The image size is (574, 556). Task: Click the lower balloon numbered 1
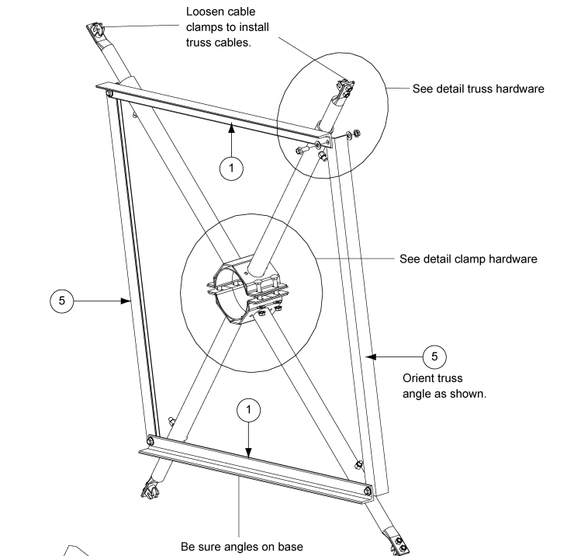tap(248, 408)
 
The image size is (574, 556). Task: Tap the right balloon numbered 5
tap(434, 356)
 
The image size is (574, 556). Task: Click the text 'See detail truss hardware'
tap(479, 89)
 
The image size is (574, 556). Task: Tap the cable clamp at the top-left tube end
tap(95, 30)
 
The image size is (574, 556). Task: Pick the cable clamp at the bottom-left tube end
tap(148, 489)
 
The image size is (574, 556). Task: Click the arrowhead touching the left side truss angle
tap(127, 301)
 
